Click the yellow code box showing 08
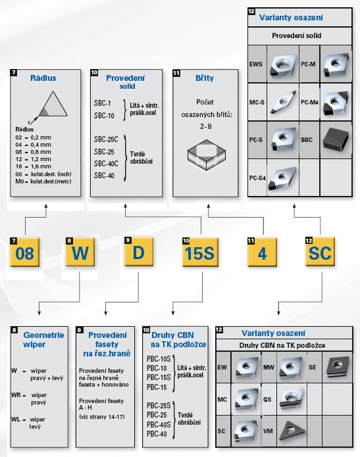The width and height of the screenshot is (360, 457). coord(24,252)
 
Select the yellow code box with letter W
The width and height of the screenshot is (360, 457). coord(80,252)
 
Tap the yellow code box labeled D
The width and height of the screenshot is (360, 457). coord(139,252)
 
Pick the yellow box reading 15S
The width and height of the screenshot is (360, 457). coord(200,252)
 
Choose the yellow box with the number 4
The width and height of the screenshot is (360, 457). coord(262,252)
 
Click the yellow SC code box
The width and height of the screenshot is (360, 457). coord(320,252)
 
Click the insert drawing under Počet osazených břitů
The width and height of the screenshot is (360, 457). coord(206,155)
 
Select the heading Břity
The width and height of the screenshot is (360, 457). coord(205,78)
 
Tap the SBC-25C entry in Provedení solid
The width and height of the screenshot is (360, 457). coord(106,139)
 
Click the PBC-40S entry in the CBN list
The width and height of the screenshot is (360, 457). coord(159,425)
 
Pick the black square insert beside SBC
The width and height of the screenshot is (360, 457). coord(336,139)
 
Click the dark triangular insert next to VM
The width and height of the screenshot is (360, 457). coord(292,431)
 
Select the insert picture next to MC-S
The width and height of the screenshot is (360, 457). coord(283,102)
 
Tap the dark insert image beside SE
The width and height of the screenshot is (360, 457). coord(338,367)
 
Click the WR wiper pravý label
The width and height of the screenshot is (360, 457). coord(29,398)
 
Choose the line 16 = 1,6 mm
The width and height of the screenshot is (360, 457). coord(33,166)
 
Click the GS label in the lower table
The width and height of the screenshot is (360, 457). coord(267,399)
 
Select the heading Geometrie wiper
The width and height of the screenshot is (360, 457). coord(43,339)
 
